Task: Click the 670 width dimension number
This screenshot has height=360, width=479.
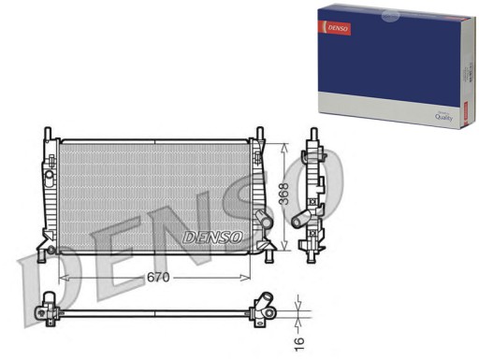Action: pyautogui.click(x=157, y=278)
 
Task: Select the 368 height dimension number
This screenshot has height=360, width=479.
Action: pyautogui.click(x=283, y=194)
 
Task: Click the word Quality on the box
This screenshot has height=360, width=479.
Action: pyautogui.click(x=443, y=117)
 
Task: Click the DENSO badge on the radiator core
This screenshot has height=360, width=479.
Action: pyautogui.click(x=212, y=236)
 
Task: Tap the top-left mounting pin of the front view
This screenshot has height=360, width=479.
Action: pyautogui.click(x=48, y=132)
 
